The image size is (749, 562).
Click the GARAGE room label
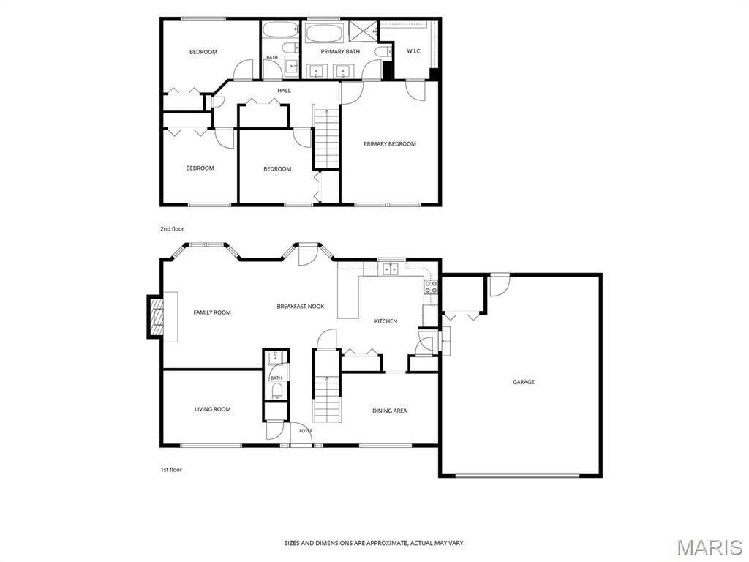(524, 382)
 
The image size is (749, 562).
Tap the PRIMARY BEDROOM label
(389, 144)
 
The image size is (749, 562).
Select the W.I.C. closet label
(414, 51)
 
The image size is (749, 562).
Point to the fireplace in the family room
(156, 317)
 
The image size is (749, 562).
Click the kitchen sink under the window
(391, 269)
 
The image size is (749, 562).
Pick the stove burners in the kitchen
(431, 286)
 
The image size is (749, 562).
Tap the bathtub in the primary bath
(323, 34)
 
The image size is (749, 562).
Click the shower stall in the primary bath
(363, 32)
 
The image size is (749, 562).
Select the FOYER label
(306, 431)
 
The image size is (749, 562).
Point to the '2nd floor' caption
(172, 229)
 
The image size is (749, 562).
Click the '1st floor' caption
(171, 470)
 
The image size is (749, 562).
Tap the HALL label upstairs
(285, 90)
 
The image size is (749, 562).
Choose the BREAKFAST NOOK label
(301, 307)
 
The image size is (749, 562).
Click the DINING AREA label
(390, 411)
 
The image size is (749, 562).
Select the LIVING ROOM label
(213, 409)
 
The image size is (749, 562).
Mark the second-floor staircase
(327, 137)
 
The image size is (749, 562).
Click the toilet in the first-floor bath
(276, 391)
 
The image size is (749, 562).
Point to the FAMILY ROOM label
(212, 312)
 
